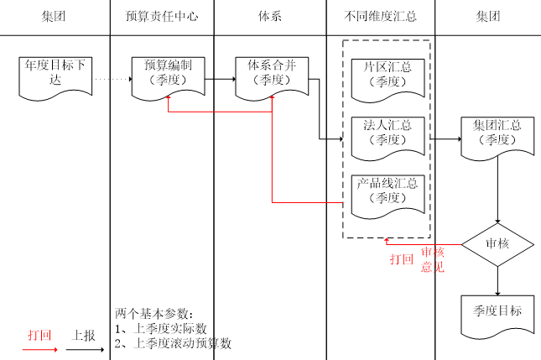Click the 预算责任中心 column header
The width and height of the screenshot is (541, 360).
(x=162, y=17)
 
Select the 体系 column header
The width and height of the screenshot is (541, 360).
(x=269, y=17)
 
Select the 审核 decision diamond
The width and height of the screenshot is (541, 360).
(x=497, y=243)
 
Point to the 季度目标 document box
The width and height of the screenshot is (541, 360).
(x=497, y=311)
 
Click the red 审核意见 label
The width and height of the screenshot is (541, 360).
(x=432, y=259)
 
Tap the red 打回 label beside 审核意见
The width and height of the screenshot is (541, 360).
(x=402, y=259)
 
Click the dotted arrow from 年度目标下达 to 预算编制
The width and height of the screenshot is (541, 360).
(x=112, y=80)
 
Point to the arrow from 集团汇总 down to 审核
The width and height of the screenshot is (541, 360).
(x=498, y=189)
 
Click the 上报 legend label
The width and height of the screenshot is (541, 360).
(x=84, y=333)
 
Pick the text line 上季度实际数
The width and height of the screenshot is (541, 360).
(x=167, y=328)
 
